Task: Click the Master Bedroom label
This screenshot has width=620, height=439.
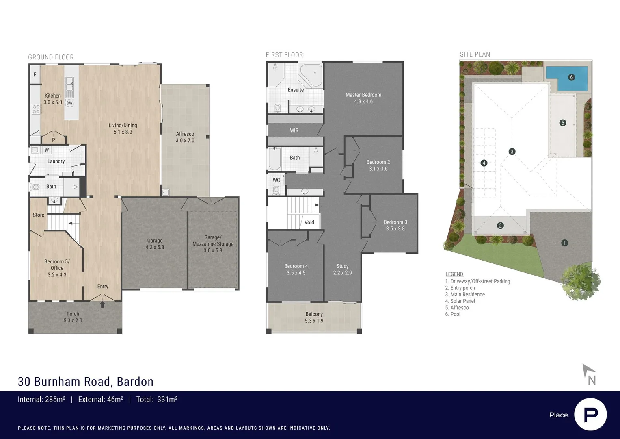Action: [x=363, y=98]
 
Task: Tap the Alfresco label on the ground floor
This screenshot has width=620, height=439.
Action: [x=185, y=137]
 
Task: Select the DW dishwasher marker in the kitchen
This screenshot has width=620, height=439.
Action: [x=69, y=103]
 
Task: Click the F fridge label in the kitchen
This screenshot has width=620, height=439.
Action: [x=35, y=75]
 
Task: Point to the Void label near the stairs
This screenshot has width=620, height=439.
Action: [x=309, y=222]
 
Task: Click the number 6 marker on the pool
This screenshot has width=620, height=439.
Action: [x=571, y=77]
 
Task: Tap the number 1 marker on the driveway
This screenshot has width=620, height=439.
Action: [x=564, y=243]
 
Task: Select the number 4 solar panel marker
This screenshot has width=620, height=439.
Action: [x=484, y=163]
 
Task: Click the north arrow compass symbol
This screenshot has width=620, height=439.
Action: [x=589, y=374]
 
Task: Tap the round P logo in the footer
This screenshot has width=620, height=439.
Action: [x=590, y=415]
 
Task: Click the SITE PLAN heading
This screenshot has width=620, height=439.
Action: [x=475, y=54]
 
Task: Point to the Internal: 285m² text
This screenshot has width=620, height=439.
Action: [x=41, y=400]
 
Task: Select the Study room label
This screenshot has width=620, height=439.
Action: [x=342, y=269]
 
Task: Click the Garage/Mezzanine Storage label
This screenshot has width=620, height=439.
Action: [x=213, y=243]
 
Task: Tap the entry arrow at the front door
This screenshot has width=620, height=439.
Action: [x=102, y=304]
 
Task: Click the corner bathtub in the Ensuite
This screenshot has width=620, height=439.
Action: [x=311, y=74]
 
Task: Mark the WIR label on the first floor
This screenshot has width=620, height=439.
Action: [x=294, y=130]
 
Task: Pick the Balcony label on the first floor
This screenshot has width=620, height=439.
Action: [x=314, y=317]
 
